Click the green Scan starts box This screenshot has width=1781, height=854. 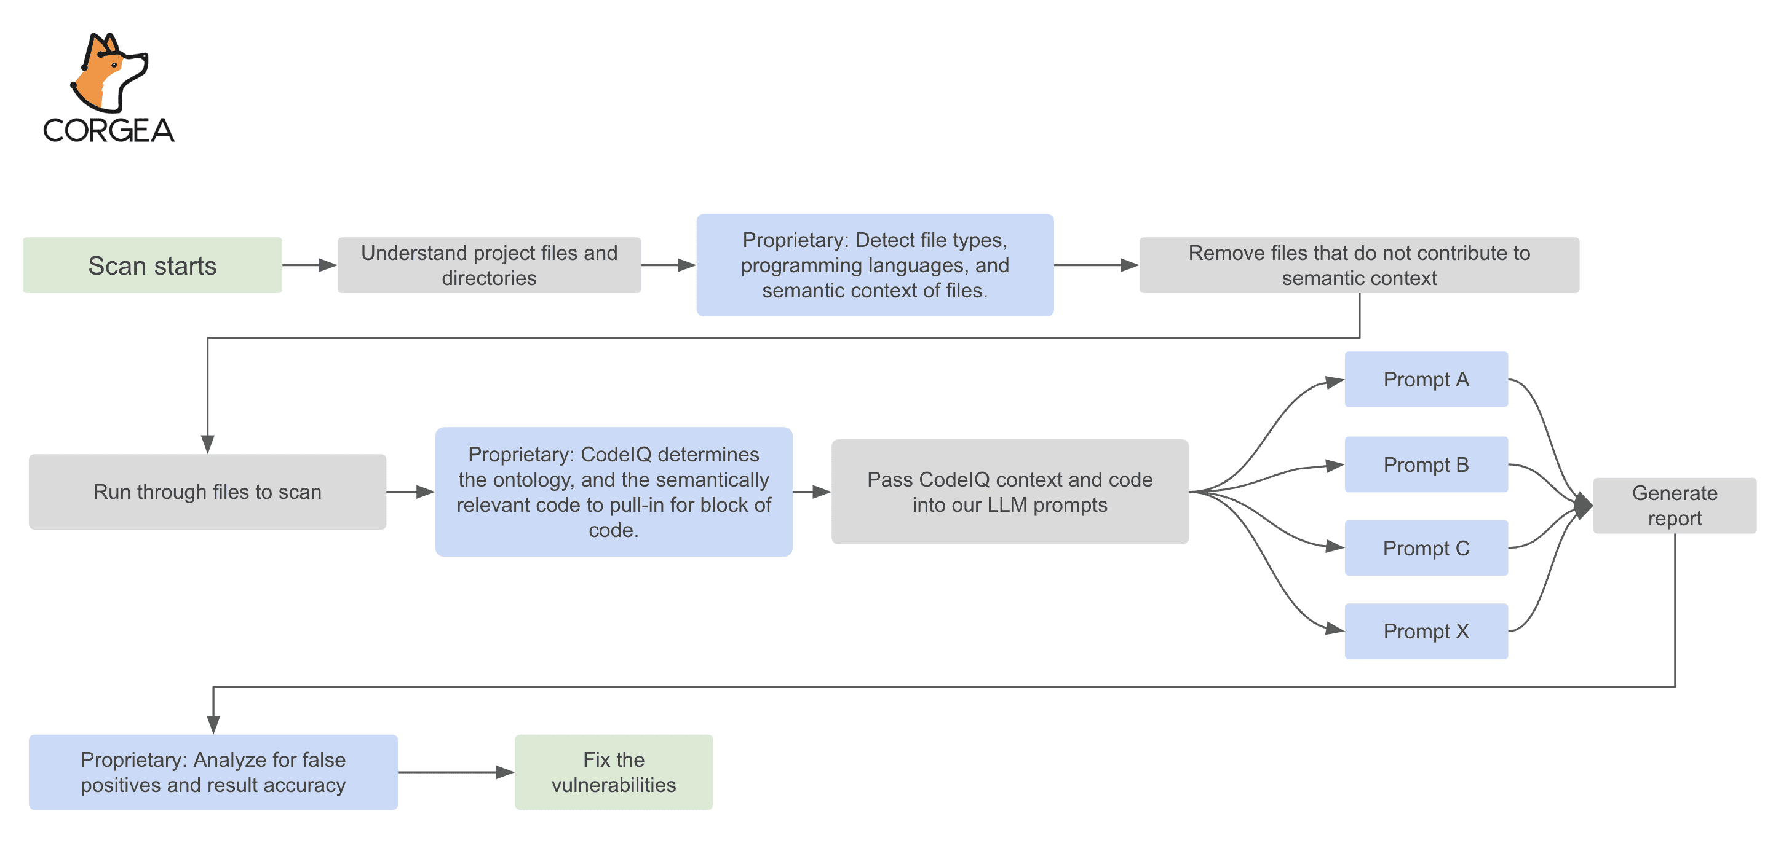(152, 265)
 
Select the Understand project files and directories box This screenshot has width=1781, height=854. (489, 265)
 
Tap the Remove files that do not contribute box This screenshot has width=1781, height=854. (1359, 265)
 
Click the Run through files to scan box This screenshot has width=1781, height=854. (207, 492)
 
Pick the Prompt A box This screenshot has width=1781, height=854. (1426, 379)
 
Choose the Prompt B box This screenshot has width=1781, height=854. (1426, 464)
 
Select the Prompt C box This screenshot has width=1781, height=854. (1426, 548)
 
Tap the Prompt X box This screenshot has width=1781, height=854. (1426, 631)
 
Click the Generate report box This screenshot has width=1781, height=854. (1674, 505)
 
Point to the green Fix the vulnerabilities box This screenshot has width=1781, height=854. (613, 772)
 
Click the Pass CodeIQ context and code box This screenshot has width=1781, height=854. (1009, 492)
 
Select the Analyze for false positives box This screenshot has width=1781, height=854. (213, 772)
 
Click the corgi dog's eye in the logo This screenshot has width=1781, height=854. (114, 66)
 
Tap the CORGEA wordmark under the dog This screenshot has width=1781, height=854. (109, 131)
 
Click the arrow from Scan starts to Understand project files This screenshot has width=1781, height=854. (309, 265)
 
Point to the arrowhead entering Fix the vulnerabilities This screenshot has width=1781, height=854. (506, 772)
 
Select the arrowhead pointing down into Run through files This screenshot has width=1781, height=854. (207, 444)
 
